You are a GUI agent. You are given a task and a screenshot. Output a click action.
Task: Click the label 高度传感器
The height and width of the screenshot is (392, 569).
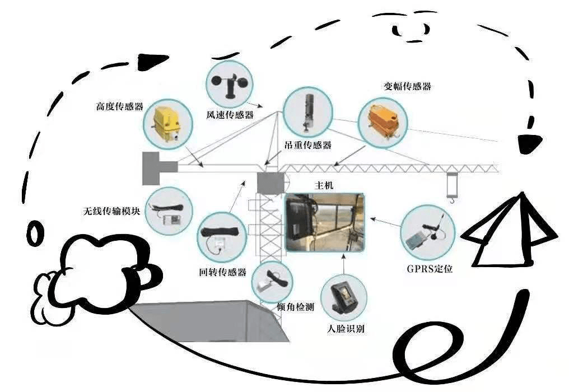click(120, 105)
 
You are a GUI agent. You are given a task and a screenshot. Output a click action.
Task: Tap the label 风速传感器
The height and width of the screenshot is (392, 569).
click(230, 115)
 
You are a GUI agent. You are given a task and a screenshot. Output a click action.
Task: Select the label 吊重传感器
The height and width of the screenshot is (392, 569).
click(308, 145)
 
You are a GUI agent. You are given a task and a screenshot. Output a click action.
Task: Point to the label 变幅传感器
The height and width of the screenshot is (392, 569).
click(407, 87)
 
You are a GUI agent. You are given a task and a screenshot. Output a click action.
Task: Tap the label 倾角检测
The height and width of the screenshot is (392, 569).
click(295, 307)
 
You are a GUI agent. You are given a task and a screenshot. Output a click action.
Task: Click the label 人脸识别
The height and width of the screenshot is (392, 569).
click(345, 329)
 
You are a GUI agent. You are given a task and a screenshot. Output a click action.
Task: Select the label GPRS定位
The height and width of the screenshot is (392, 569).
click(430, 268)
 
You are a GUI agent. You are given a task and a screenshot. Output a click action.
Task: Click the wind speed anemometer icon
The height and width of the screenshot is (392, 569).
click(229, 84)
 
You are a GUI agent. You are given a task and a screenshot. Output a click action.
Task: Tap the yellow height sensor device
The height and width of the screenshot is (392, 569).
click(166, 123)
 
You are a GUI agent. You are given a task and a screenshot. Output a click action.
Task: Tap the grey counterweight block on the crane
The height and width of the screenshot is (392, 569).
click(158, 167)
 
